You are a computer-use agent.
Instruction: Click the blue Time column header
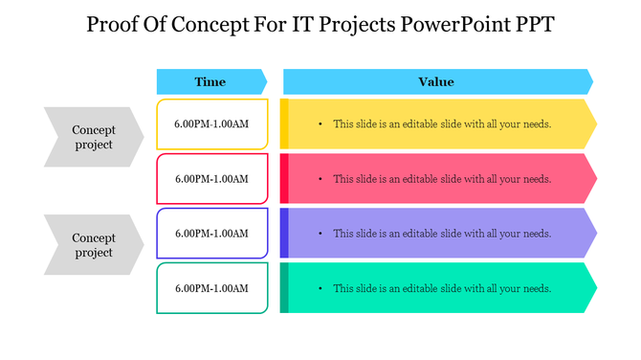[210, 81]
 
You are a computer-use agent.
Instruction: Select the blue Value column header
[436, 81]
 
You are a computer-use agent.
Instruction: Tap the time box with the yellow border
[211, 124]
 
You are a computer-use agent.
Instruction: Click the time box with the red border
[211, 179]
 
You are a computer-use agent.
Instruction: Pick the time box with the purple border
[211, 234]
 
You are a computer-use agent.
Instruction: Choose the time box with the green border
[211, 288]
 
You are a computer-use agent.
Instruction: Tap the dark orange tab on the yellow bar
[284, 124]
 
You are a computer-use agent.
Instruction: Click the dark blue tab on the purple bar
[284, 234]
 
